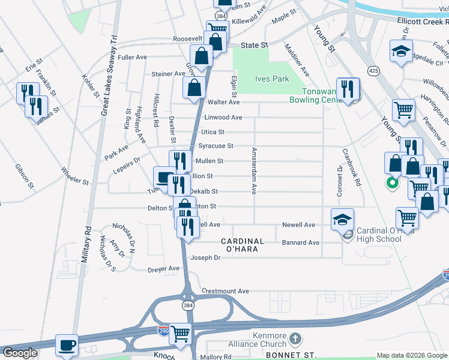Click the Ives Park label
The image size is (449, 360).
[272, 79]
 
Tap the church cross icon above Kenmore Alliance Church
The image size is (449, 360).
[294, 340]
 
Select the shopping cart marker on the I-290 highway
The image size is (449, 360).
[180, 334]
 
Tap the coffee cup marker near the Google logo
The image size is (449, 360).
[67, 346]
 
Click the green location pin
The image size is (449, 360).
[392, 182]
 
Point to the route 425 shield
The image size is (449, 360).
[373, 71]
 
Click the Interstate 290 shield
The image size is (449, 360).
[163, 331]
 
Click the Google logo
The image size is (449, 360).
[20, 353]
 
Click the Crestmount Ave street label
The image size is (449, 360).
[224, 291]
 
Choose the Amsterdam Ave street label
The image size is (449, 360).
[255, 171]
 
